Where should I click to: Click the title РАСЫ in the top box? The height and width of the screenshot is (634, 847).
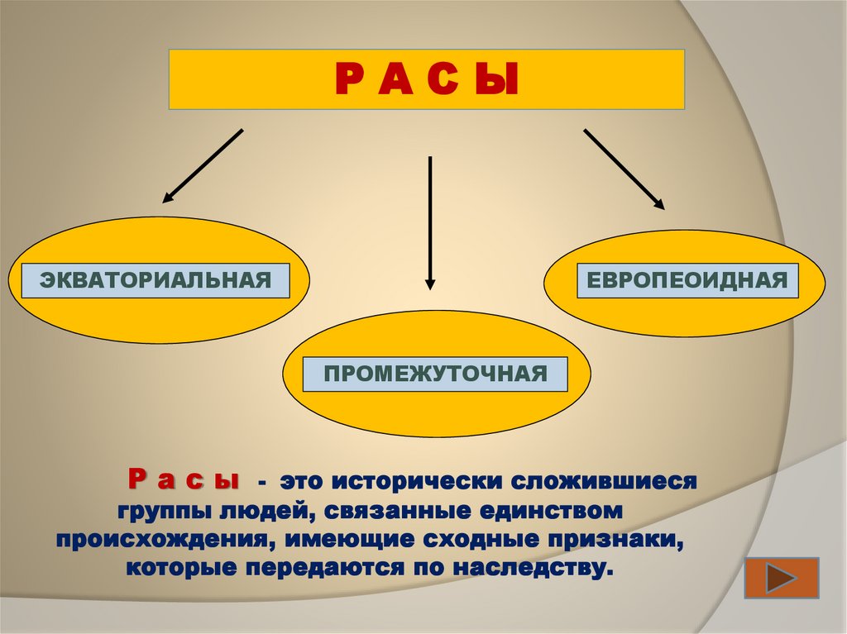(426, 80)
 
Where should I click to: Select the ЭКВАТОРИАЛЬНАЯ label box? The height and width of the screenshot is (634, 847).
(156, 280)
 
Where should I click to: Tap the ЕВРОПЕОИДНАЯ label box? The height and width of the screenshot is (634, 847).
(687, 279)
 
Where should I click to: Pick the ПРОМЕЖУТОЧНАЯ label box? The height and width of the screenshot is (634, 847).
(436, 374)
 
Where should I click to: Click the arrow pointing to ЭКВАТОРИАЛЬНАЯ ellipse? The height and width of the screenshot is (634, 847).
(203, 165)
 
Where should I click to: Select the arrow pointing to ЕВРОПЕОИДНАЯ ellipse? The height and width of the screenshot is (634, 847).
(624, 168)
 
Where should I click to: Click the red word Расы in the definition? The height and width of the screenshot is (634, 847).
(183, 480)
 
